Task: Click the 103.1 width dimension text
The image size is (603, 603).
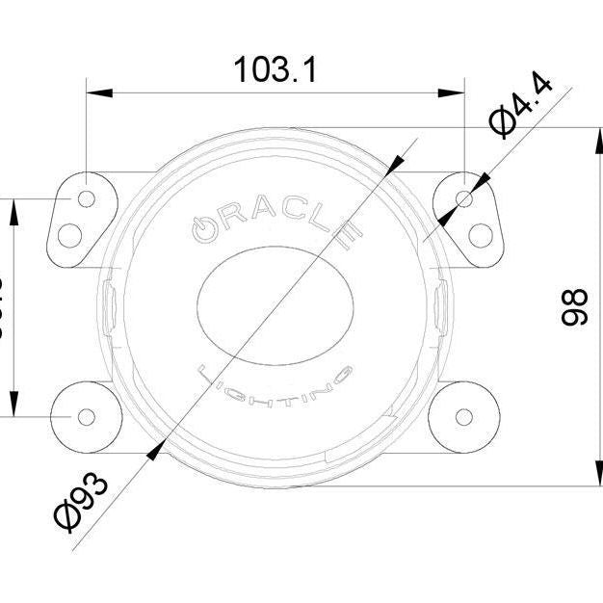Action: pyautogui.click(x=275, y=69)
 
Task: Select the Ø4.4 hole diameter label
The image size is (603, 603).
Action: pyautogui.click(x=521, y=108)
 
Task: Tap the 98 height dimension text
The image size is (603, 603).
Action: pyautogui.click(x=574, y=306)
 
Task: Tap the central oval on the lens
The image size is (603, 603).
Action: pyautogui.click(x=275, y=306)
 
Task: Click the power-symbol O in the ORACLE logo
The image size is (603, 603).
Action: pyautogui.click(x=203, y=227)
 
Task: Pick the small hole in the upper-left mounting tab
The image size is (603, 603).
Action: pyautogui.click(x=87, y=198)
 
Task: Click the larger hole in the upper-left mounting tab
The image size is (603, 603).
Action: pyautogui.click(x=69, y=234)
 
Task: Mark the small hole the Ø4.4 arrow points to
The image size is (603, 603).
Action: pyautogui.click(x=464, y=198)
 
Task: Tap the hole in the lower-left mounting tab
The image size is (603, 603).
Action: pyautogui.click(x=87, y=416)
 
